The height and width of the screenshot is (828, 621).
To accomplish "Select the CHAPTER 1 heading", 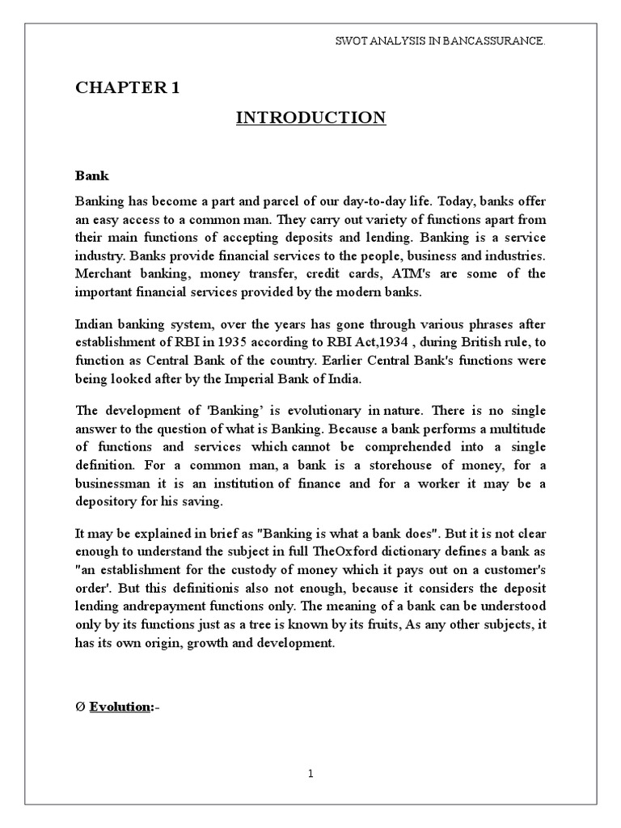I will coord(128,88).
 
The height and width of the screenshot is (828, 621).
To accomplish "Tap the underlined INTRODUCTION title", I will coord(310,118).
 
